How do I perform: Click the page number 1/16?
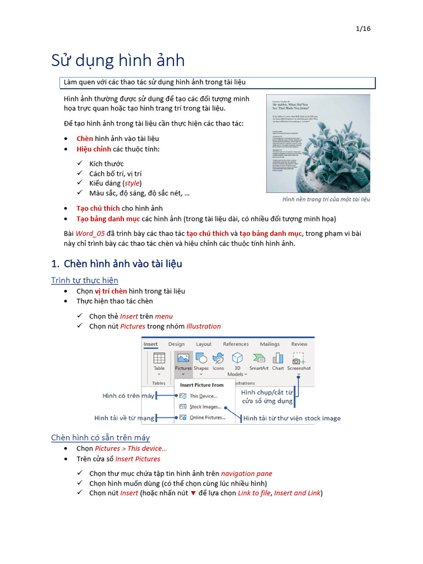tap(363, 29)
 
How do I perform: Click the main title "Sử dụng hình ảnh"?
tap(118, 60)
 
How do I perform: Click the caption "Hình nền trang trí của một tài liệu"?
tap(326, 199)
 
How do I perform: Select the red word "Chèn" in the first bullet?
tap(85, 139)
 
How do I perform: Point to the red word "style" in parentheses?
tap(132, 183)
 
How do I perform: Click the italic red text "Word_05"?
tap(88, 234)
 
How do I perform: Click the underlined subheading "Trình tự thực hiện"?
tap(84, 280)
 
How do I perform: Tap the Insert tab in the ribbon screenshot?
tap(150, 344)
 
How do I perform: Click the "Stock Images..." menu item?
tap(205, 406)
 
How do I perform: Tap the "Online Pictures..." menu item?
tap(207, 417)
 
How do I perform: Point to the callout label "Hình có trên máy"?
tap(128, 395)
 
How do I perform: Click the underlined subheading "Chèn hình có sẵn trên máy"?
tap(100, 438)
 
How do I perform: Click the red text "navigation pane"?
tap(246, 473)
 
